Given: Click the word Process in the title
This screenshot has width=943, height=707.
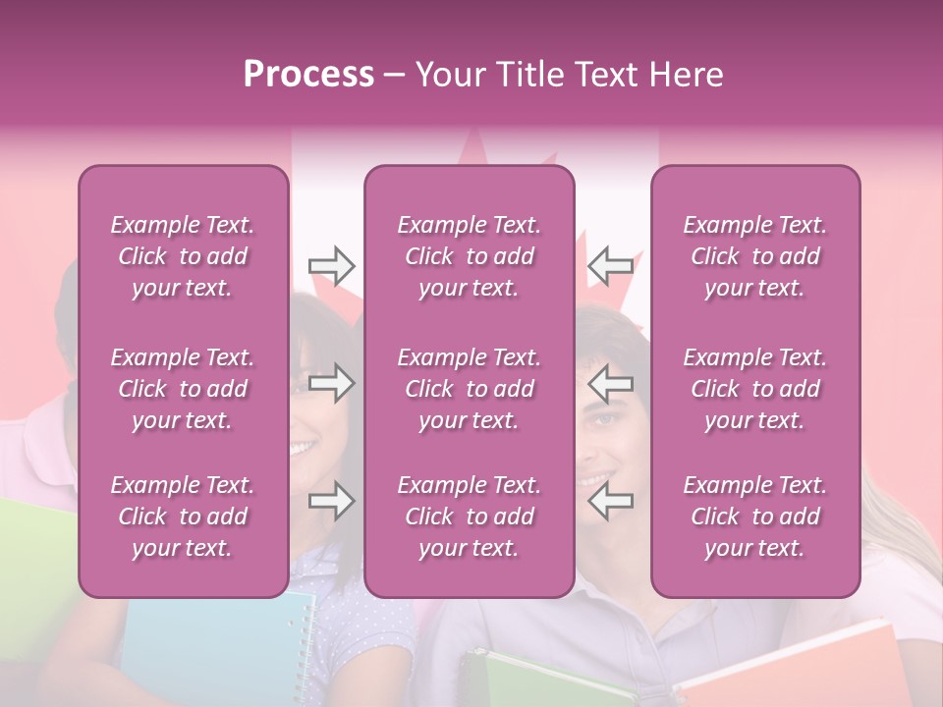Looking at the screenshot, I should [308, 75].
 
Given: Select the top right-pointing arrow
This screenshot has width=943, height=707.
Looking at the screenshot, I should [331, 264].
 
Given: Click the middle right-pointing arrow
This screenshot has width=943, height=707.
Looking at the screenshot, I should [331, 384].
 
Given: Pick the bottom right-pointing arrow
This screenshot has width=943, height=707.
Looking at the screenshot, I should [331, 502].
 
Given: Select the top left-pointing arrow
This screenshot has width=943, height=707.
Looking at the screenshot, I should [610, 264].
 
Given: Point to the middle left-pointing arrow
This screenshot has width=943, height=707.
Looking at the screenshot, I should [610, 384].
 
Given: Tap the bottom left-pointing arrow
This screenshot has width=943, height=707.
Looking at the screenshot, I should [610, 502].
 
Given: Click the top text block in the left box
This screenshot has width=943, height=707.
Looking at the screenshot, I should [183, 256].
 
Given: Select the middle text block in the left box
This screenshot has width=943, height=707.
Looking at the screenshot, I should [183, 389].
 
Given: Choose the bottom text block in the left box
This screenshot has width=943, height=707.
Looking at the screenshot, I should [183, 517].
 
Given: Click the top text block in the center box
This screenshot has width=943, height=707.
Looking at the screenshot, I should [469, 256].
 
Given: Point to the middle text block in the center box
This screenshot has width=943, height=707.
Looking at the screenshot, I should [469, 389].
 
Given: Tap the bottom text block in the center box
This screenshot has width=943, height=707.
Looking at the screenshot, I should [469, 517].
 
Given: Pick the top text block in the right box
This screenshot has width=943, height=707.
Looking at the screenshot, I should [755, 256].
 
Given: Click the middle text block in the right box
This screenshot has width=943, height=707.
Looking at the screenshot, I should [755, 389].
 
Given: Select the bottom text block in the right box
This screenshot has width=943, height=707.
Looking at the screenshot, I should [755, 517].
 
